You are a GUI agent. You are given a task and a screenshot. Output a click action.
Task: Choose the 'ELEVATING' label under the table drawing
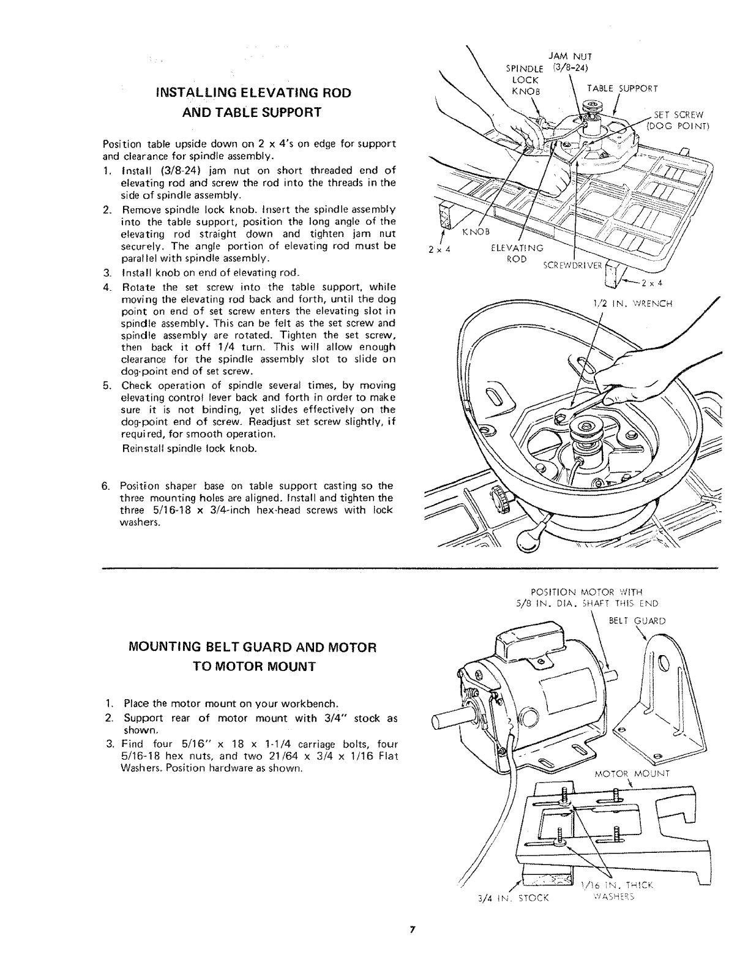coord(517,249)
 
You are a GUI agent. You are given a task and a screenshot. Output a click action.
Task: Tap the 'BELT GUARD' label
coord(637,620)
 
